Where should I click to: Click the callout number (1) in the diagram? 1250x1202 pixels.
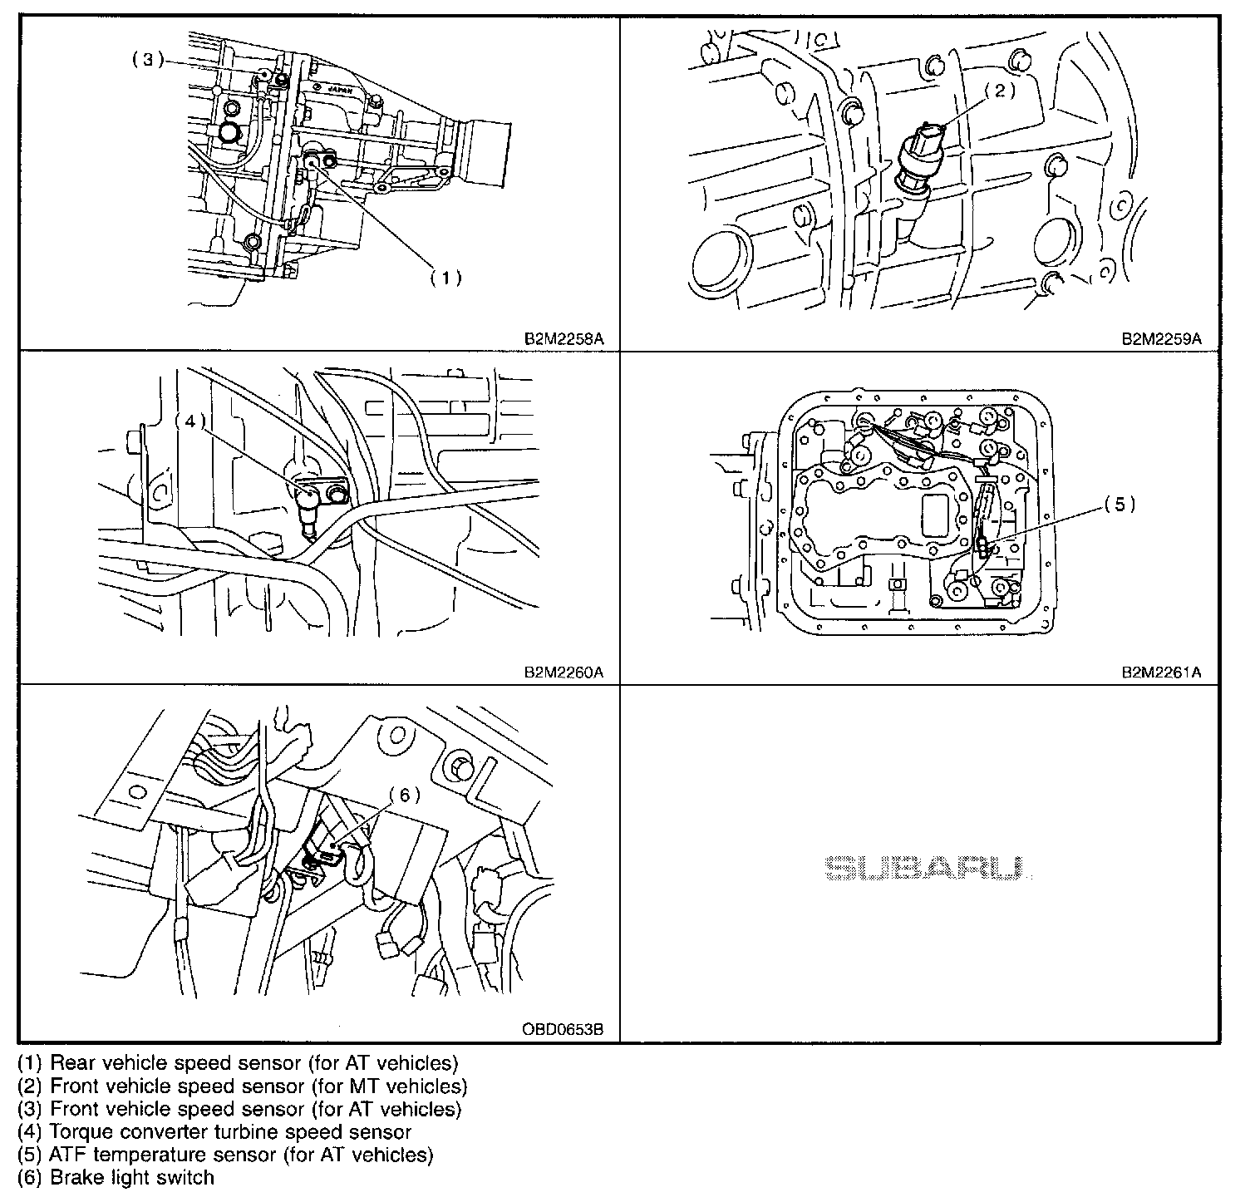pos(445,278)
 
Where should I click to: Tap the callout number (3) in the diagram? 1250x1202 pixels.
pos(147,60)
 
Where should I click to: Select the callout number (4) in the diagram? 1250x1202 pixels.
pos(190,421)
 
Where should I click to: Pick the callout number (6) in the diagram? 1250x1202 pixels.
pos(405,795)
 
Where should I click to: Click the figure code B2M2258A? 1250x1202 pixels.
pos(562,339)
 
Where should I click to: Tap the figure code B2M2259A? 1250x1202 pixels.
pos(1162,339)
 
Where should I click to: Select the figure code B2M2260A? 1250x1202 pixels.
pos(562,672)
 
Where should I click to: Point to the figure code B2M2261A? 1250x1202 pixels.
pos(1162,672)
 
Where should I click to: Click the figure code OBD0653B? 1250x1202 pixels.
pos(562,1030)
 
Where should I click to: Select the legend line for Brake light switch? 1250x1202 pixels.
pos(116,1178)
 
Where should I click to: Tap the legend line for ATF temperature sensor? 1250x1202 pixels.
pos(225,1155)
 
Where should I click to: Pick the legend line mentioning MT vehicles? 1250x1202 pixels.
pos(242,1086)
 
